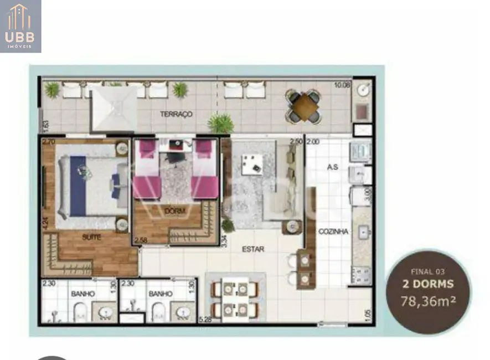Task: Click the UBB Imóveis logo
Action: [x=20, y=26]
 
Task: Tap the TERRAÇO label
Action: [x=176, y=114]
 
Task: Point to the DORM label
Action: [x=174, y=211]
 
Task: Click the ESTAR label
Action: [x=253, y=249]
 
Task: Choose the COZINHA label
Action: [x=333, y=232]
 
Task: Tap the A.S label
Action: [x=332, y=167]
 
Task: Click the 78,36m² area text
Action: [x=427, y=302]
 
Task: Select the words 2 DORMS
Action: [x=427, y=285]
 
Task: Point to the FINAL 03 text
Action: [x=427, y=272]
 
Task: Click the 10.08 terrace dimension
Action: [x=342, y=85]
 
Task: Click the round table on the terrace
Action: [x=304, y=106]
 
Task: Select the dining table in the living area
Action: [x=235, y=299]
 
